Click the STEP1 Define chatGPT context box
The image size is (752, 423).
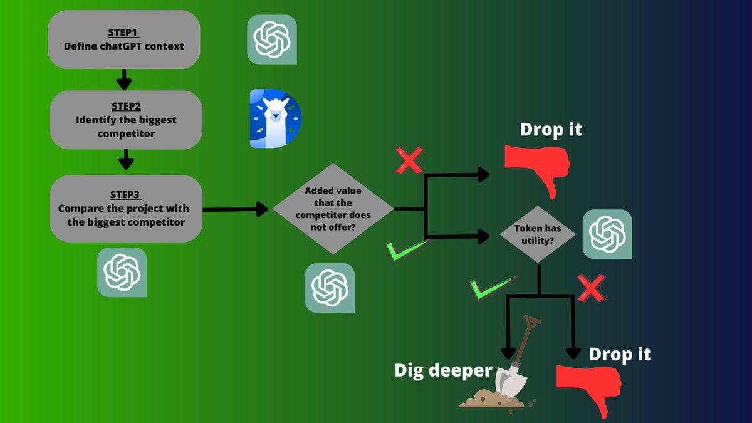click(x=124, y=39)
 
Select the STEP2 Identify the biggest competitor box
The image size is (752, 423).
click(x=126, y=120)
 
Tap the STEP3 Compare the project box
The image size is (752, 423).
click(x=126, y=208)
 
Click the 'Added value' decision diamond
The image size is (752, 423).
click(x=333, y=209)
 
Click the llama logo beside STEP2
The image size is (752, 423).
click(x=275, y=119)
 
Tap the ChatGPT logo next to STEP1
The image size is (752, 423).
click(x=272, y=39)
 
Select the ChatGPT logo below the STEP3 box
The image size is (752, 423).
click(x=122, y=272)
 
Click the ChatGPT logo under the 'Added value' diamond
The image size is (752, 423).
click(x=330, y=288)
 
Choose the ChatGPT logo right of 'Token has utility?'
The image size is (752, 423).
click(x=607, y=234)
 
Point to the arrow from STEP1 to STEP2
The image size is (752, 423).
click(x=124, y=80)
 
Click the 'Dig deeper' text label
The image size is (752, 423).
click(x=443, y=370)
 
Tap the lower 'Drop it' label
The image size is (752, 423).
click(x=620, y=354)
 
